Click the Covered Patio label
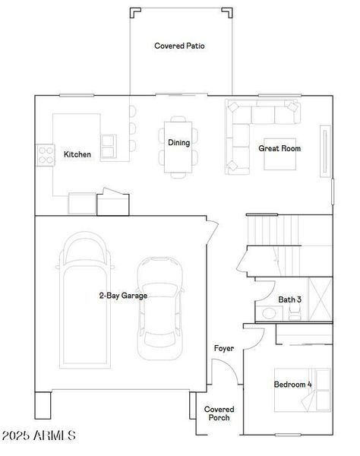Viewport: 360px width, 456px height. (x=179, y=46)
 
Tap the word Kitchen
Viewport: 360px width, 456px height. (x=77, y=154)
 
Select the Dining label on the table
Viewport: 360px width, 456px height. (x=178, y=142)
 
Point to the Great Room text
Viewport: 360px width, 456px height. (x=279, y=148)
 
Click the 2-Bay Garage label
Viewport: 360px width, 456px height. (x=123, y=296)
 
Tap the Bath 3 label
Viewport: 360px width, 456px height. (x=289, y=300)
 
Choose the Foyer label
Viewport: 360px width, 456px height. (x=223, y=348)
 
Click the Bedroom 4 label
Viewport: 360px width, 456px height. (x=292, y=385)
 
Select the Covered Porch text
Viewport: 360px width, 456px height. (x=219, y=413)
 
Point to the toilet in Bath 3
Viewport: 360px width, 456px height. (x=272, y=313)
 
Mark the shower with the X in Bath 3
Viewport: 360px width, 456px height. (x=319, y=300)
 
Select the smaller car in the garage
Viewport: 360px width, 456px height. (x=160, y=306)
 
